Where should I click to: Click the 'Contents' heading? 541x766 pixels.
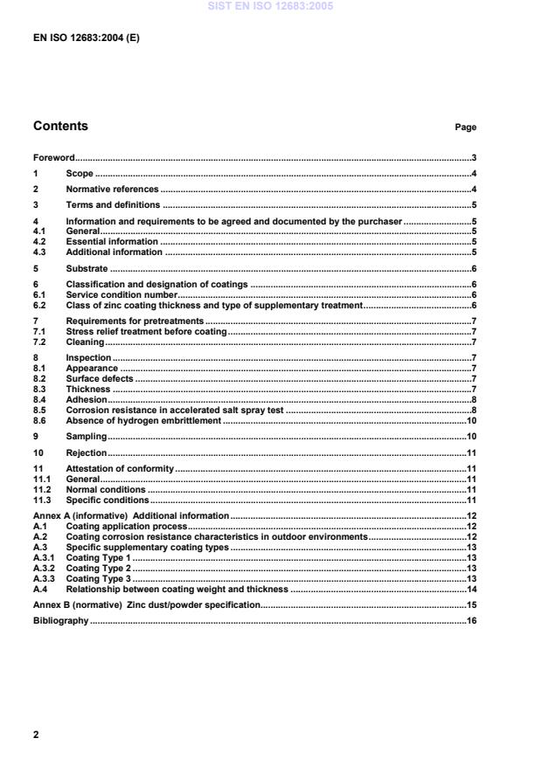click(60, 126)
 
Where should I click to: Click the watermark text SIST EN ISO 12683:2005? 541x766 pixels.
click(270, 6)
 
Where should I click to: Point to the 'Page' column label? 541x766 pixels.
click(465, 128)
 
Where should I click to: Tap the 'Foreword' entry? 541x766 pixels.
click(53, 158)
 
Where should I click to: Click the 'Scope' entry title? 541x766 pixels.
click(80, 174)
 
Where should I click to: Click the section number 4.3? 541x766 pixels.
click(39, 252)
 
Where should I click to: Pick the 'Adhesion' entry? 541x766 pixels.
click(86, 401)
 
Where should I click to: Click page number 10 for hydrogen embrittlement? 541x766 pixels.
click(470, 420)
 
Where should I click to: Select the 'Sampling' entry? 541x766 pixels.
click(86, 436)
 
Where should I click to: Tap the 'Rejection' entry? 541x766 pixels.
click(87, 453)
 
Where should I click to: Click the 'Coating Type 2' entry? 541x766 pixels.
click(98, 568)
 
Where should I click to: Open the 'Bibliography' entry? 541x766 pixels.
click(60, 620)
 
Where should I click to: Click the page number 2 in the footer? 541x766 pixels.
click(36, 735)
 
